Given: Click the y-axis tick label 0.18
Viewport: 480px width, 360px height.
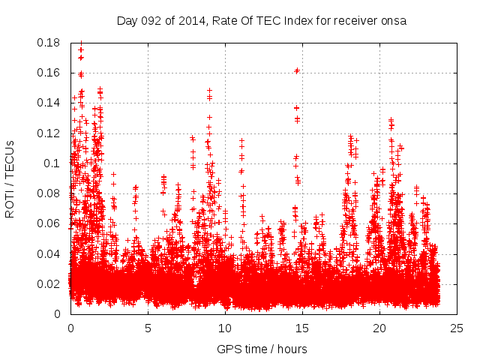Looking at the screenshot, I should pyautogui.click(x=49, y=43).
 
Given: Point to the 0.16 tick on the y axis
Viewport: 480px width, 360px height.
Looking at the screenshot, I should pyautogui.click(x=49, y=73).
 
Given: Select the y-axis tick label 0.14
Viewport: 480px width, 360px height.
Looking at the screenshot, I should pyautogui.click(x=49, y=103).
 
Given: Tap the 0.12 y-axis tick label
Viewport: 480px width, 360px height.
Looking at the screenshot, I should pyautogui.click(x=49, y=133).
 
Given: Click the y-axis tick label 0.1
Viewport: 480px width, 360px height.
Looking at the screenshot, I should pyautogui.click(x=52, y=163).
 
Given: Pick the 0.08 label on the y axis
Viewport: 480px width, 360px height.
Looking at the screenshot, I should pyautogui.click(x=49, y=193).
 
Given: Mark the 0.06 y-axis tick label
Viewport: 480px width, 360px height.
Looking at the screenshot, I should pyautogui.click(x=49, y=223).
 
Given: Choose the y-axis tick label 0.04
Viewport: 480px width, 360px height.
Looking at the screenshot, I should pyautogui.click(x=49, y=253).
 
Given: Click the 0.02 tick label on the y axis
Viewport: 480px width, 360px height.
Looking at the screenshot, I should pyautogui.click(x=49, y=283).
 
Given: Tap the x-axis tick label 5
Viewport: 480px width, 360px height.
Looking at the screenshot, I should pyautogui.click(x=148, y=328).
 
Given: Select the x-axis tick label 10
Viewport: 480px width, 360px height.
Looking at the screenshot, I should pyautogui.click(x=225, y=328).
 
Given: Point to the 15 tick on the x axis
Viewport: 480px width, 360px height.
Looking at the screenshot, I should pyautogui.click(x=302, y=328).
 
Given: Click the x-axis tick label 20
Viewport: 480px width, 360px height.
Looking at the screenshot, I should pyautogui.click(x=379, y=328).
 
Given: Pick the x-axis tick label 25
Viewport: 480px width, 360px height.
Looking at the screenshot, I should pyautogui.click(x=457, y=328).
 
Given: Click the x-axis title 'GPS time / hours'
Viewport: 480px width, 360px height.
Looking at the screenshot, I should pyautogui.click(x=262, y=349).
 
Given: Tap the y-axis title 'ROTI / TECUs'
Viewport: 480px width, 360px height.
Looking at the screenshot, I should pyautogui.click(x=10, y=178).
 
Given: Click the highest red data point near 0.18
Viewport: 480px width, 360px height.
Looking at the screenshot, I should pyautogui.click(x=81, y=43).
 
